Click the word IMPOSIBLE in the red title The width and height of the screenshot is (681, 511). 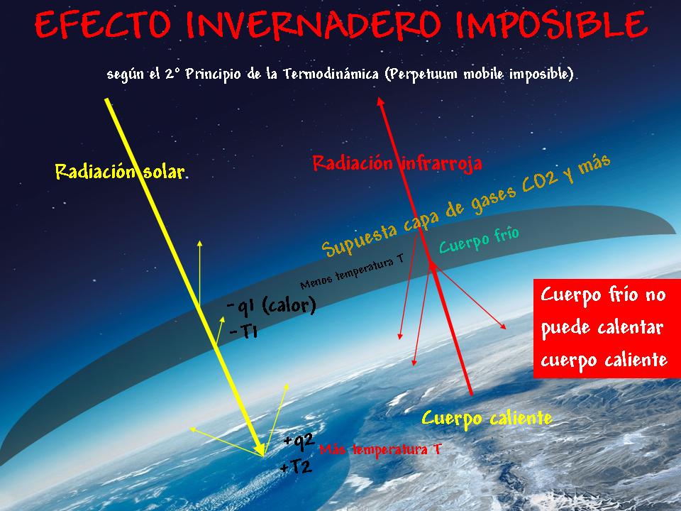[552, 25]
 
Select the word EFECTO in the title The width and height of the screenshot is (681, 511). [103, 26]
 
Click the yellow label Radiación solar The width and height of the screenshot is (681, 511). [120, 172]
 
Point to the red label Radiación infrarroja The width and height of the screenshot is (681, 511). [397, 163]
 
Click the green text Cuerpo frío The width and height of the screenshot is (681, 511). [479, 240]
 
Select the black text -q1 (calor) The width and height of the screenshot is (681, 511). [272, 306]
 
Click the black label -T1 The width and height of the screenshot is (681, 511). [243, 332]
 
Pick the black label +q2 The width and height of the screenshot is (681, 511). [299, 441]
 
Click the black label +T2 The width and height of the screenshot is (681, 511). [296, 467]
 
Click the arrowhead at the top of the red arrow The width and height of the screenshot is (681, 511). [380, 101]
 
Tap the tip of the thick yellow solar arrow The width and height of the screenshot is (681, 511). [262, 454]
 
